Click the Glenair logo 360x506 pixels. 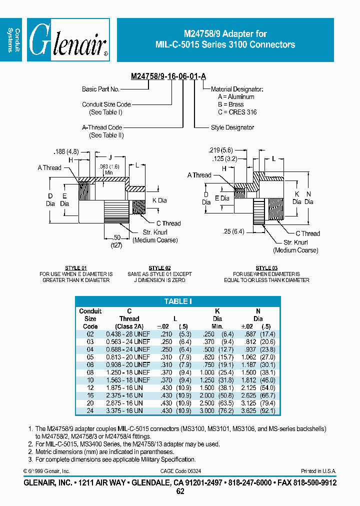coord(68,40)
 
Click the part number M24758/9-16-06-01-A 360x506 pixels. coord(168,76)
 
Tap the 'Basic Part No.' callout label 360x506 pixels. coord(100,89)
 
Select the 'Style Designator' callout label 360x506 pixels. coord(232,127)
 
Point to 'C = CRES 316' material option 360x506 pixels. coord(237,112)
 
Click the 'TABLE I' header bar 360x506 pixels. coord(178,301)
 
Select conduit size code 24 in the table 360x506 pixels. coord(90,410)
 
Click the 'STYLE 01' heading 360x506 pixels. coord(76,268)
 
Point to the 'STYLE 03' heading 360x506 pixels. coord(266,268)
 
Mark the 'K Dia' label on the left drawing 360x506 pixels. coord(159,200)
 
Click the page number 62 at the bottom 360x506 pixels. coord(180,491)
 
